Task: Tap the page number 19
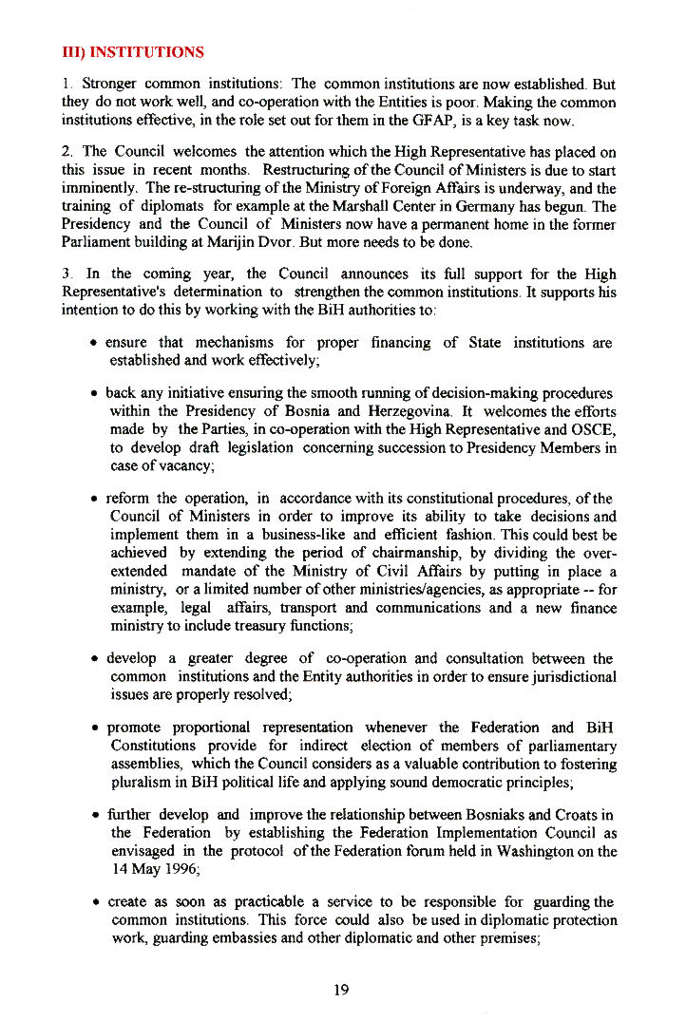point(342,990)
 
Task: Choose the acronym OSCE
point(595,429)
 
